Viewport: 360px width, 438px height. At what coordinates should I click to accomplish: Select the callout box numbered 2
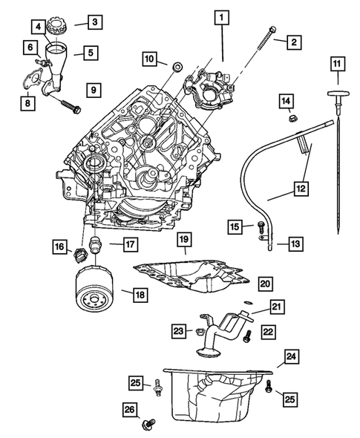click(x=295, y=42)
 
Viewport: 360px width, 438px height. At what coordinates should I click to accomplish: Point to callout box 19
click(x=183, y=239)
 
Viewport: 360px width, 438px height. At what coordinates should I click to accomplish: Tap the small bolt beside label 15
click(x=260, y=227)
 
